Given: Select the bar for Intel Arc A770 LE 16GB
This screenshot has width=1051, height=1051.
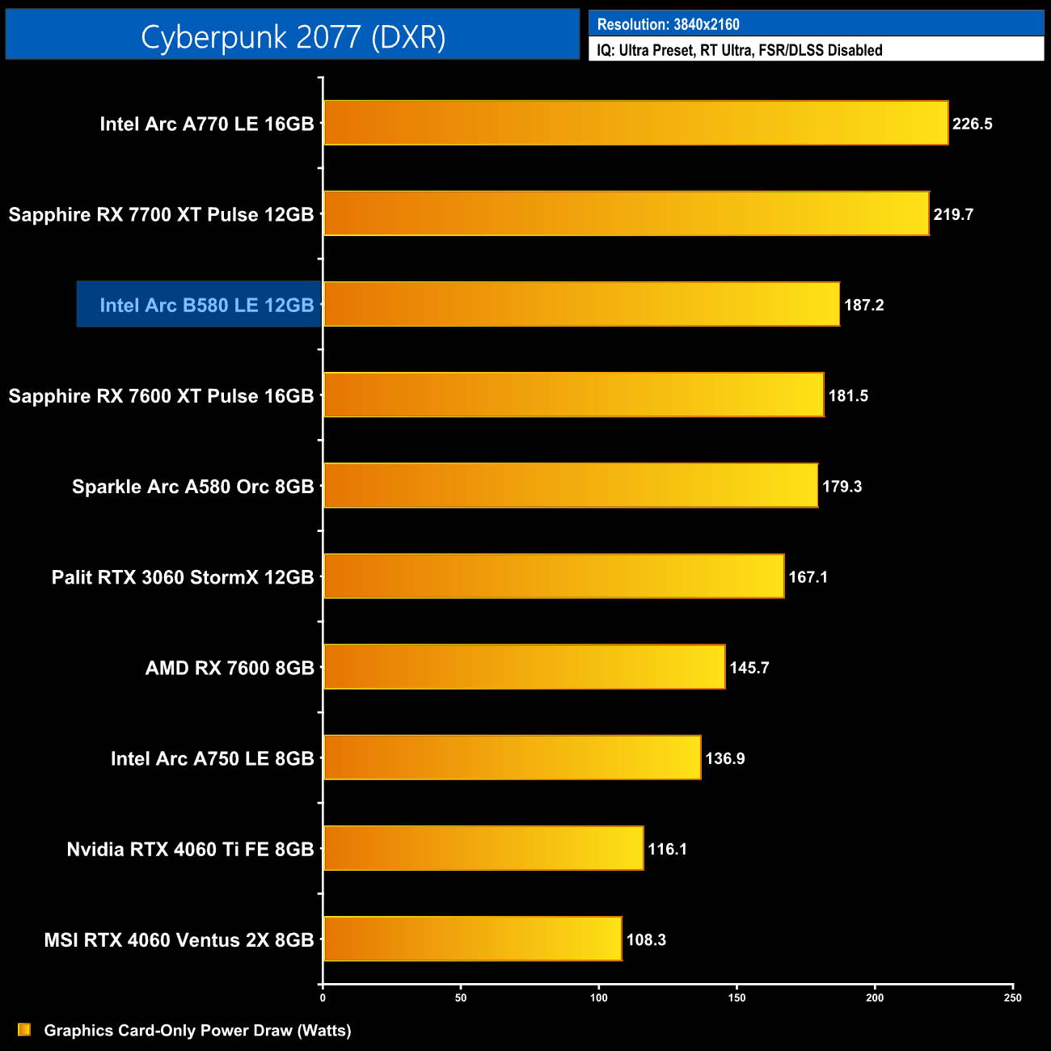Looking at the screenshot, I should [x=635, y=123].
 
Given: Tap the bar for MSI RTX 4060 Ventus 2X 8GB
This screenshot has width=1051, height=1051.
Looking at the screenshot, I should [x=472, y=939].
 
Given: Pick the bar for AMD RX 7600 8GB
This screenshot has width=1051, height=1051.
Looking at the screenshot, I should [x=524, y=667].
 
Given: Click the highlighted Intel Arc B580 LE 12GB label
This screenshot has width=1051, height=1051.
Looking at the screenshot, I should [x=206, y=305].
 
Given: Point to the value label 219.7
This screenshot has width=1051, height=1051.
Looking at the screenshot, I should [x=953, y=214].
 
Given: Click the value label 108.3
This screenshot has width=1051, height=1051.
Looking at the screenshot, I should [x=646, y=939].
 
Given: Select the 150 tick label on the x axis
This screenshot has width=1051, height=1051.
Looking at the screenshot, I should [x=737, y=998].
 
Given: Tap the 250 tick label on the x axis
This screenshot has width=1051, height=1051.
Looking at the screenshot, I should [x=1012, y=998].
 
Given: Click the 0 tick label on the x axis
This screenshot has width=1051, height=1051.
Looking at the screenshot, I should [x=323, y=998].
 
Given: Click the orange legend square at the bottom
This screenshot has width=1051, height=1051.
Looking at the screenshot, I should [x=24, y=1029].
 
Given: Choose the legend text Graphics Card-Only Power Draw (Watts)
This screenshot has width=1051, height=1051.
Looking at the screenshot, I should [x=197, y=1030].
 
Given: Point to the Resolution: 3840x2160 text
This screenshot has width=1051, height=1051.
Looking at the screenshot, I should [x=668, y=24].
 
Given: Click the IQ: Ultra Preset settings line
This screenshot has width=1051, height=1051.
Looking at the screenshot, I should [x=739, y=50].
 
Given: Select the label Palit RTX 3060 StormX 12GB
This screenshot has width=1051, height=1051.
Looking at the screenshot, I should [x=182, y=577].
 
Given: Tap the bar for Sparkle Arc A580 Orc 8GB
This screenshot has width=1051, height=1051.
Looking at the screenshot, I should [x=570, y=485].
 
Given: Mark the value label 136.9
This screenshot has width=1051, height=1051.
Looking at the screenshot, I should [x=725, y=758].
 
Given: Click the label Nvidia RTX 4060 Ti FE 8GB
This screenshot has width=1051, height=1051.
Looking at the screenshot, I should [x=190, y=849].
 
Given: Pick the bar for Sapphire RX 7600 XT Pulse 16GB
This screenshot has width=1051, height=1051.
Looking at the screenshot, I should [x=573, y=395].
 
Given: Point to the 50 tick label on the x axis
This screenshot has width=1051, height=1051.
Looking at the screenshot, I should [x=461, y=998].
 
